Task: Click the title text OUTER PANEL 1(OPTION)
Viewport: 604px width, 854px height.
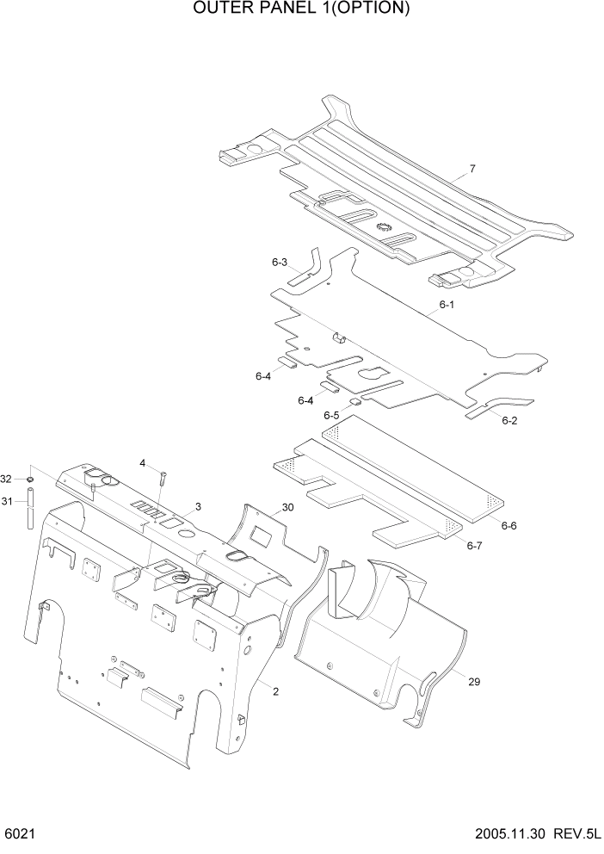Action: [x=301, y=9]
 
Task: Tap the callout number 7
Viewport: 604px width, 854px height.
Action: [x=472, y=170]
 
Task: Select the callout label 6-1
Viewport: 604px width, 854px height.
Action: [x=446, y=306]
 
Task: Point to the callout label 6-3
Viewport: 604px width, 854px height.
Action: [x=279, y=262]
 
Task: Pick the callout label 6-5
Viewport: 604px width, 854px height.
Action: [x=331, y=416]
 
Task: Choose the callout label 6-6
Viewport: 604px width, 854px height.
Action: [x=508, y=525]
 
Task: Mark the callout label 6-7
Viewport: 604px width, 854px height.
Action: [x=474, y=545]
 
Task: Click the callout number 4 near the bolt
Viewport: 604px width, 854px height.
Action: [x=143, y=463]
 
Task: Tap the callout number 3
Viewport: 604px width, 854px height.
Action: [x=198, y=507]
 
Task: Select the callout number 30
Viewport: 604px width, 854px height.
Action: [x=287, y=508]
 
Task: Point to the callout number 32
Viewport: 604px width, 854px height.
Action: [x=7, y=479]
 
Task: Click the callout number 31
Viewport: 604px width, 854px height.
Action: [x=7, y=503]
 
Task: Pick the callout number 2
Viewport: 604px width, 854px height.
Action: [x=274, y=691]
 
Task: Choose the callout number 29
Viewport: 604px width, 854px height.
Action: [x=473, y=682]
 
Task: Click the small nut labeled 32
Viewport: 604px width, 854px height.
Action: [x=30, y=478]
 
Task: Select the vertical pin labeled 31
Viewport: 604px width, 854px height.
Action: [x=30, y=507]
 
